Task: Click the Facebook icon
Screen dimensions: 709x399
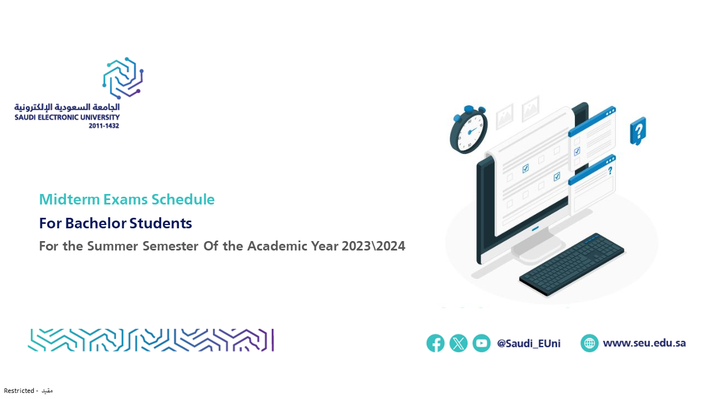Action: tap(435, 343)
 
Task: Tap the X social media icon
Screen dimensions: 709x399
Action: tap(458, 343)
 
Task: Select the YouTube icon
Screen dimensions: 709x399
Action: tap(481, 343)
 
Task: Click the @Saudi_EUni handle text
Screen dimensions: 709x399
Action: tap(528, 343)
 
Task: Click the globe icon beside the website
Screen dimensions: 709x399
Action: tap(589, 343)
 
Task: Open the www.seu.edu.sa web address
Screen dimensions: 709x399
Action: tap(644, 343)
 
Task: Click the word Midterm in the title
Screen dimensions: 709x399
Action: tap(70, 199)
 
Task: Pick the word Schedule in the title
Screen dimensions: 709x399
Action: tap(183, 199)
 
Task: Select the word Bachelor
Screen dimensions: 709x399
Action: tap(96, 223)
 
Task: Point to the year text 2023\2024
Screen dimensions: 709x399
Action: tap(373, 246)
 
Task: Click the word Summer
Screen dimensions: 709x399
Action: tap(112, 246)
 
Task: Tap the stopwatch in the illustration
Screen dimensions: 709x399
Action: tap(469, 129)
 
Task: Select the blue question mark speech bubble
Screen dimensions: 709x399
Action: tap(638, 131)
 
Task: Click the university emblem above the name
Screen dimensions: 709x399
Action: tap(123, 78)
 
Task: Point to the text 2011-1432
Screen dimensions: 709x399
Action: tap(104, 126)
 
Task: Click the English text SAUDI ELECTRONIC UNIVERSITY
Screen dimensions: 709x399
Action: tap(67, 117)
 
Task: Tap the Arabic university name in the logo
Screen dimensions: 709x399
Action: tap(67, 108)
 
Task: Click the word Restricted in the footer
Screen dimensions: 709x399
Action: tap(19, 391)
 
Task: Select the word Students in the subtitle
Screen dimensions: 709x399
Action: tap(161, 223)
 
